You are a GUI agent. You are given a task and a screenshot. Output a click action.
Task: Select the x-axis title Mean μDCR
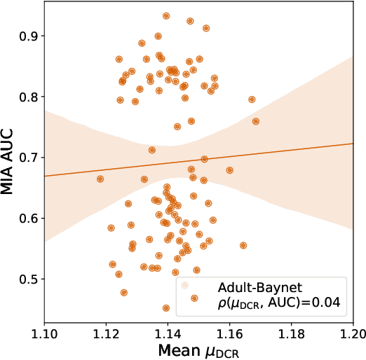[x=199, y=347]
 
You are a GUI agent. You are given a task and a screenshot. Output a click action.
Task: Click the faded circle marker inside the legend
[x=185, y=286]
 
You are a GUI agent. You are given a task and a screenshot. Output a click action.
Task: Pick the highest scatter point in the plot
[x=166, y=15]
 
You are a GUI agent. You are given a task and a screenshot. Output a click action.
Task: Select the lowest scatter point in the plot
[x=166, y=308]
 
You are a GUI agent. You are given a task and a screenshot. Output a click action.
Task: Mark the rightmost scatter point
[x=256, y=121]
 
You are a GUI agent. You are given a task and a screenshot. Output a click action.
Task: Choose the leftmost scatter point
[x=100, y=179]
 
